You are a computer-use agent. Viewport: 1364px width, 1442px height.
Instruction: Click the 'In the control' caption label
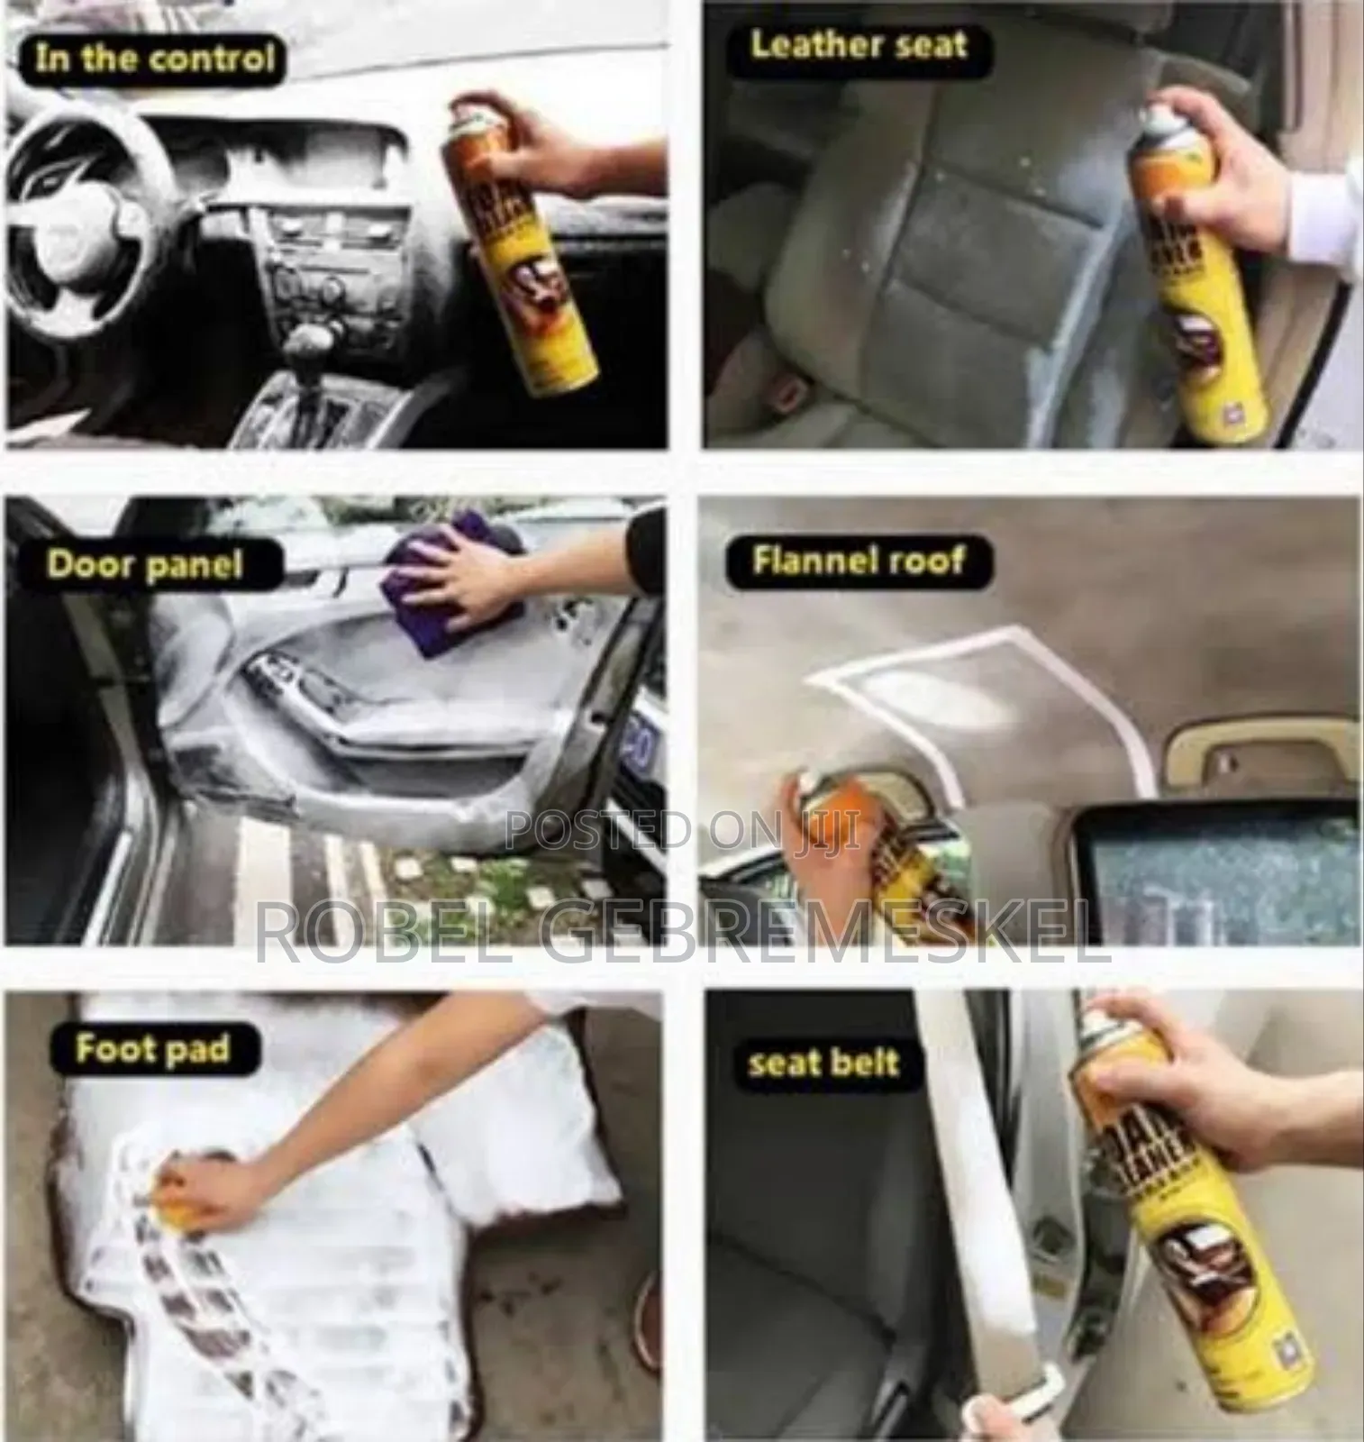153,60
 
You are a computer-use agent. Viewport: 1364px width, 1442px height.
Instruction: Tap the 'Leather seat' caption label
859,44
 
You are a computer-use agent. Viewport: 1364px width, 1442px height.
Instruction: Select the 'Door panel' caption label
144,565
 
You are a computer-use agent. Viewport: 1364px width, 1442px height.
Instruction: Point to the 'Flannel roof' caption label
858,561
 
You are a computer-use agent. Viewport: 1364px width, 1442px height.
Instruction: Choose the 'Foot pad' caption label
151,1049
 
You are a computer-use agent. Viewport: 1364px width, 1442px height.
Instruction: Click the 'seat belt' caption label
823,1063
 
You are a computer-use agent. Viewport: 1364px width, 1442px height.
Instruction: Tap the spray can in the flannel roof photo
833,838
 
